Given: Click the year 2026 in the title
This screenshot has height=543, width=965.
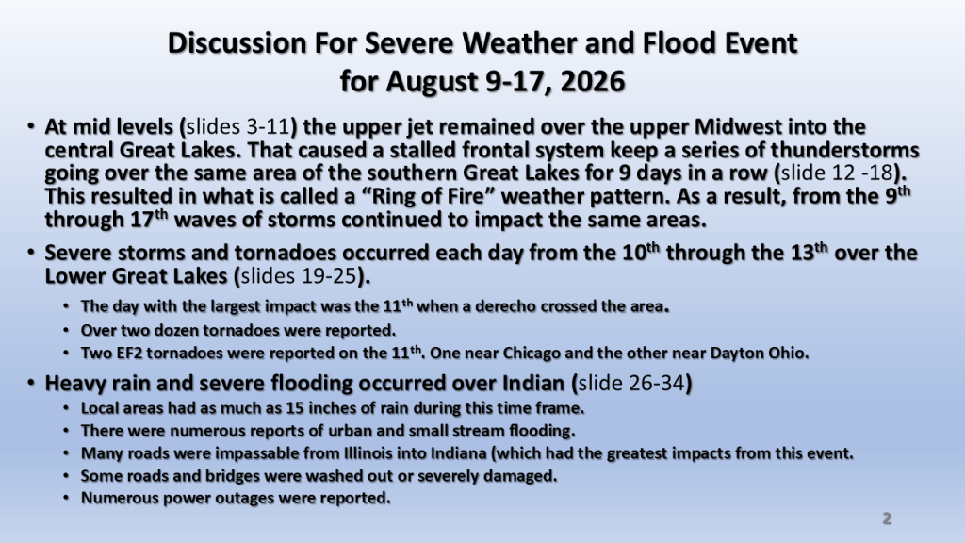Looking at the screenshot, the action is (593, 81).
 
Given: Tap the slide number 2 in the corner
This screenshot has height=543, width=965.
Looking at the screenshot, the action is (887, 518).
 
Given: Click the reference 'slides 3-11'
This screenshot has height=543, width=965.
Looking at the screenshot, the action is (237, 127).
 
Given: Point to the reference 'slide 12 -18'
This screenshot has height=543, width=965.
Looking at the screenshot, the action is (837, 173).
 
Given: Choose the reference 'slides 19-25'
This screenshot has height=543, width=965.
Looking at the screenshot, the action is (299, 276).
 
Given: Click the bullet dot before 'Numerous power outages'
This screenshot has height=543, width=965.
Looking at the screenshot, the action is (66, 498).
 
